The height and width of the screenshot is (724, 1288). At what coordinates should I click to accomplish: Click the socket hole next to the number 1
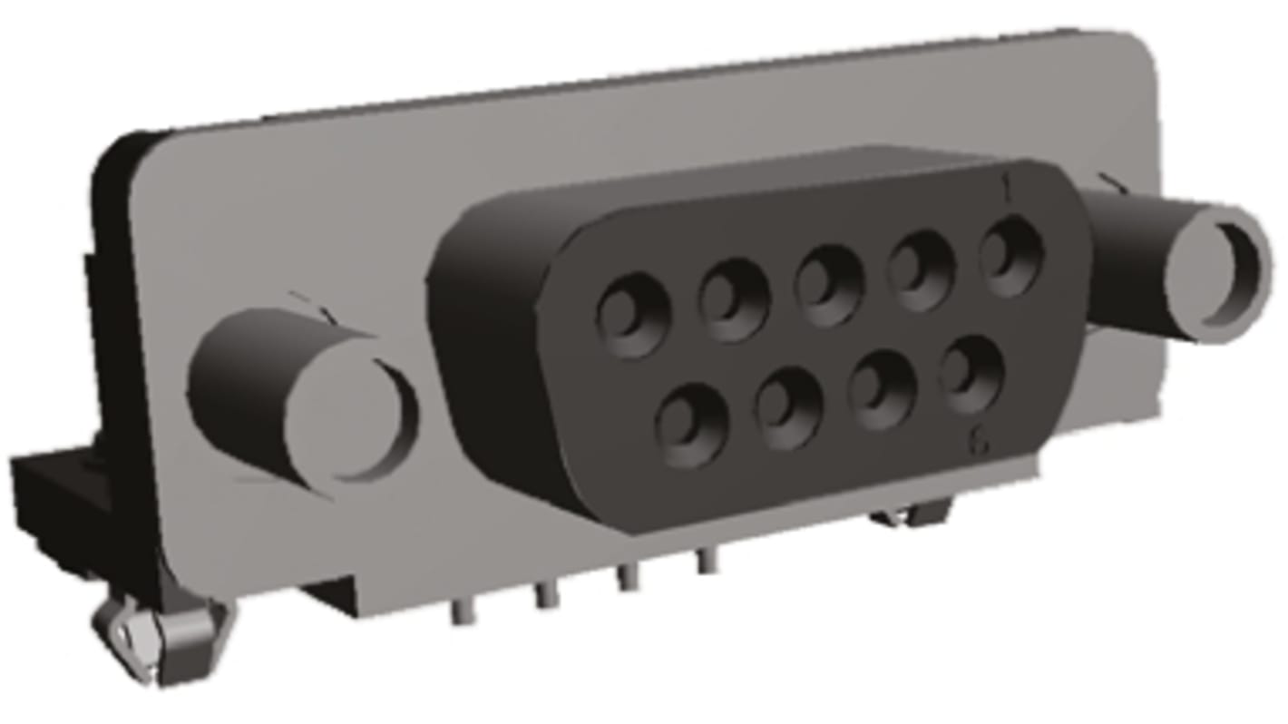point(1010,257)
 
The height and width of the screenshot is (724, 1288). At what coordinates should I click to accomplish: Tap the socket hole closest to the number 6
point(971,374)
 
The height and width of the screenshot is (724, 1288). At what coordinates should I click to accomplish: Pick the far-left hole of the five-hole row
point(633,315)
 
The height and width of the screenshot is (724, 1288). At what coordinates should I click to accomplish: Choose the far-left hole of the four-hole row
point(691,425)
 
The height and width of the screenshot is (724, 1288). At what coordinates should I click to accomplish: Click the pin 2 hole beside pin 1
point(921,270)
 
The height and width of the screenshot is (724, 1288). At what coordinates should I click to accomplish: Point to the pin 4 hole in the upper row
point(734,299)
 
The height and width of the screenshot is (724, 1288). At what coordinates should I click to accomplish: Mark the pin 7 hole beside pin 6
point(882,390)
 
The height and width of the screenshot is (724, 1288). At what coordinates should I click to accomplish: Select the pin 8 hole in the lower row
point(788,407)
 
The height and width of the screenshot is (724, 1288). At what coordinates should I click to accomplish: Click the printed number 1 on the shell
point(1005,189)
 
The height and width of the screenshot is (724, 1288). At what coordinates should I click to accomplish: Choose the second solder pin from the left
point(544,595)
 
